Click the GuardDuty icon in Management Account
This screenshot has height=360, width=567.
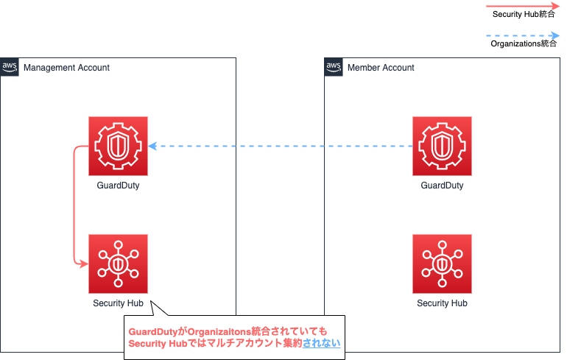119,146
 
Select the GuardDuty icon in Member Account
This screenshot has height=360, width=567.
442,146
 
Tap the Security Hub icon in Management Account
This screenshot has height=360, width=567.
119,264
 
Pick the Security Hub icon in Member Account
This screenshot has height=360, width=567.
442,264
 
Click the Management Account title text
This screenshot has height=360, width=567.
66,68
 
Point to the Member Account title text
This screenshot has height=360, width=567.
381,68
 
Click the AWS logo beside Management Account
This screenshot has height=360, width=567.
10,67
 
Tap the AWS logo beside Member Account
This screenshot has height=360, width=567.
334,67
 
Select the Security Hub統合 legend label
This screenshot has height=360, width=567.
524,14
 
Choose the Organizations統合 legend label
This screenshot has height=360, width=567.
524,43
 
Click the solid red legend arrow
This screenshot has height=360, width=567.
523,6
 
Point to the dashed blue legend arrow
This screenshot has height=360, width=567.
523,35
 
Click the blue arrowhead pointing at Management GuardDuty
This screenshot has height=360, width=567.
152,146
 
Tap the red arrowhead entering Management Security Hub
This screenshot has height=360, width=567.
84,264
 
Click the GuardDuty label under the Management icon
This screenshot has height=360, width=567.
119,186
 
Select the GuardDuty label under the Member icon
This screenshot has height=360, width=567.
442,186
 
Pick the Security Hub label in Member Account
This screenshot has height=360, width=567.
442,303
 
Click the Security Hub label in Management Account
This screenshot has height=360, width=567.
119,303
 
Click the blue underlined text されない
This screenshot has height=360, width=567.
322,343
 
